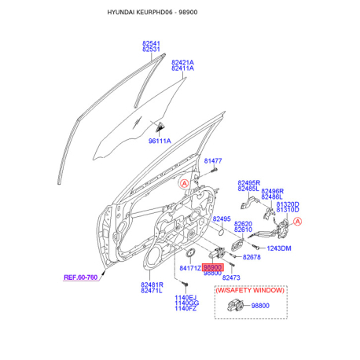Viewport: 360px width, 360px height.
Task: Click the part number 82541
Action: click(x=151, y=43)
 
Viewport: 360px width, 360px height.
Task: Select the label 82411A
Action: click(x=182, y=68)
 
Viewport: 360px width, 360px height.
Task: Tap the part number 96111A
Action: click(x=160, y=141)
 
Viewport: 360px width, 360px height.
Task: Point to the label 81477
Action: click(x=213, y=161)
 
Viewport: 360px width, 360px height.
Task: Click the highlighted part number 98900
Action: click(x=213, y=267)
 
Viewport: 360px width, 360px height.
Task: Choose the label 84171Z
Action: click(x=190, y=268)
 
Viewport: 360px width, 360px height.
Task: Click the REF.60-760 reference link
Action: click(x=81, y=277)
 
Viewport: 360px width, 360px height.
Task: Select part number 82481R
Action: click(x=152, y=285)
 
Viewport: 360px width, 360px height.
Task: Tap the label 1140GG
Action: click(x=186, y=303)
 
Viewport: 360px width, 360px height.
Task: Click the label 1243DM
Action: click(x=279, y=248)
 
